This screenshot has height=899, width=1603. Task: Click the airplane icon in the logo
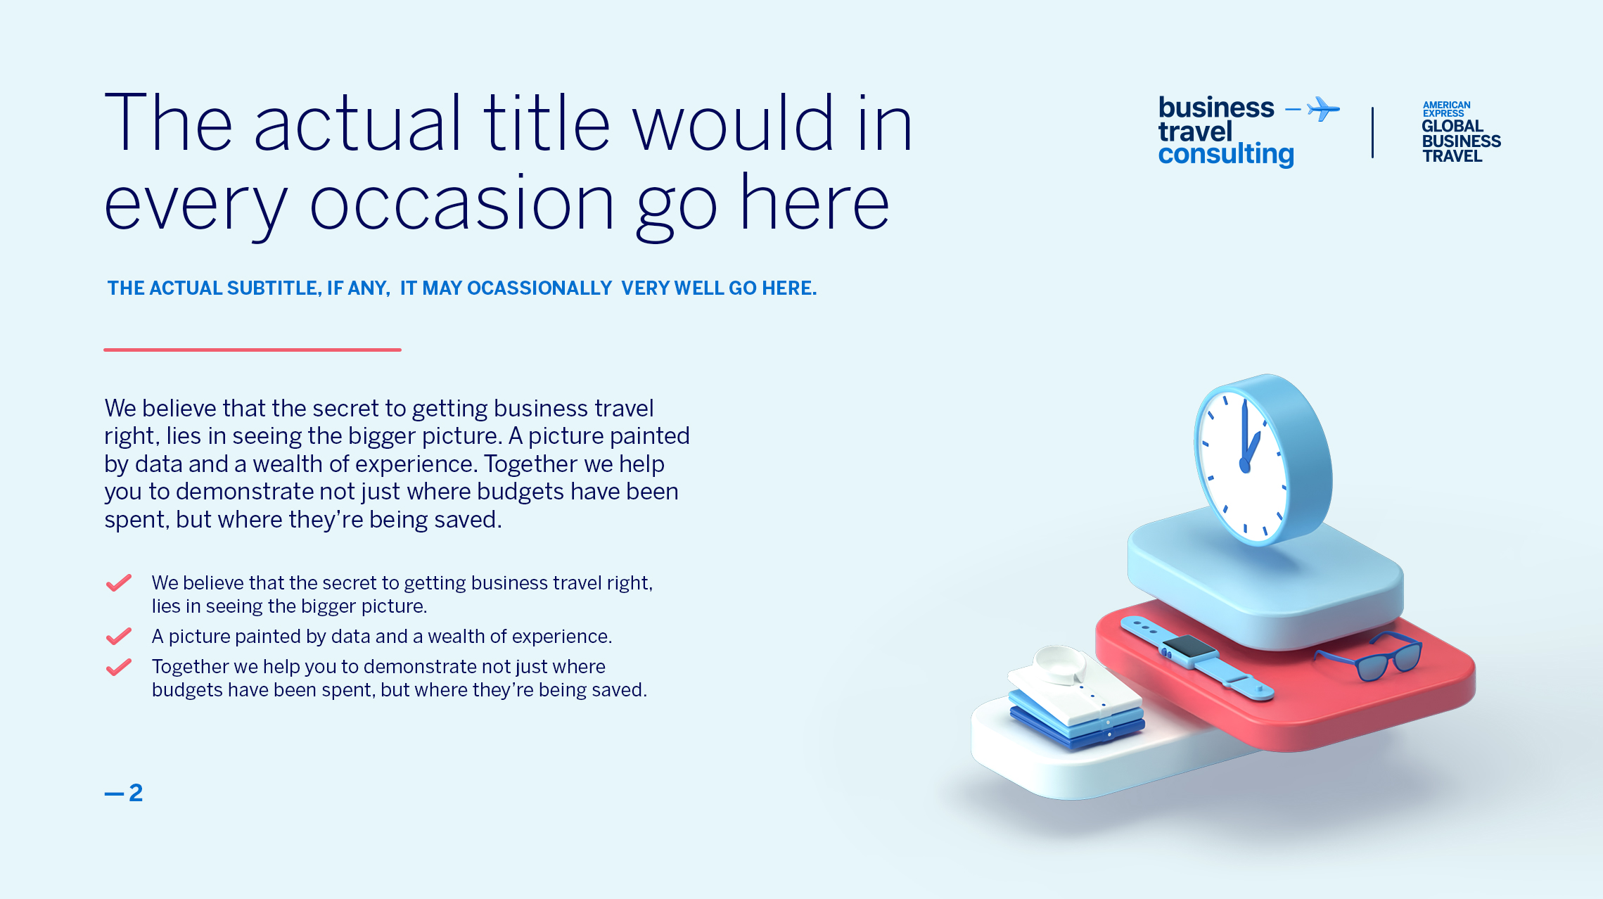coord(1323,109)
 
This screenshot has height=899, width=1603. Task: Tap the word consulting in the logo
coord(1226,154)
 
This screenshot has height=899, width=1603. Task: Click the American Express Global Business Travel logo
coord(1461,132)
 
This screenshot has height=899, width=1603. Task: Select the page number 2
coord(136,793)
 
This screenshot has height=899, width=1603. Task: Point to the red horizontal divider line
coord(253,350)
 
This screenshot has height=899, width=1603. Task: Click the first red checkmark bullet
coord(119,583)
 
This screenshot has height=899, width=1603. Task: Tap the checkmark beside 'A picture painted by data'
coord(119,636)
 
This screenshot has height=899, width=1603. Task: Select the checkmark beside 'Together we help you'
coord(119,667)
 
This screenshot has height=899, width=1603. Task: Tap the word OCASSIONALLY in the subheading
coord(539,288)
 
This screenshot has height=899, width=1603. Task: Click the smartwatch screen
coord(1187,646)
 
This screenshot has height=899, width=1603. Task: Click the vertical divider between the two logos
coord(1372,132)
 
